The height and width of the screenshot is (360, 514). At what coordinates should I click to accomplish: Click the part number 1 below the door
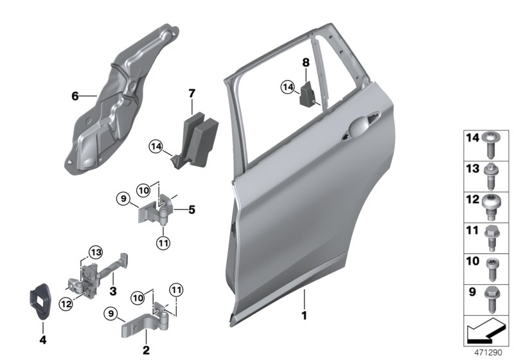tap(305, 316)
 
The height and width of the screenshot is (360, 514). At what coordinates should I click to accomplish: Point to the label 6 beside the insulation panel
tap(75, 96)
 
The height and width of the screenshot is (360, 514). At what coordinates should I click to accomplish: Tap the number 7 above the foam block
tap(191, 94)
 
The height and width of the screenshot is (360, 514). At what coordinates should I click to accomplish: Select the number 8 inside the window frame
tap(306, 62)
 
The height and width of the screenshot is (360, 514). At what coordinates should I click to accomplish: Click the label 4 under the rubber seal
tap(43, 339)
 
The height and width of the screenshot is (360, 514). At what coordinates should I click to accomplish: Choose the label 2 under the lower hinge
tap(146, 350)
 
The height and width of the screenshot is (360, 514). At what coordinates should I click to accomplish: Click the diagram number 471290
tap(486, 353)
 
